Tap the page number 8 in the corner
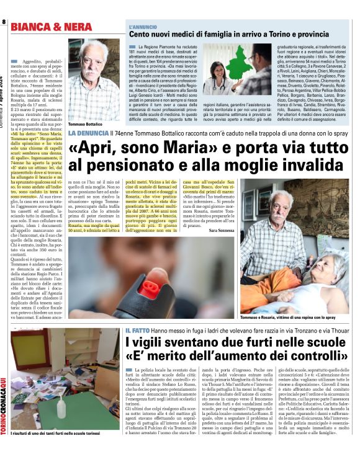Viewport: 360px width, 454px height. pyautogui.click(x=4, y=22)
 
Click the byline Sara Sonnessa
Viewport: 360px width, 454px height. pyautogui.click(x=222, y=229)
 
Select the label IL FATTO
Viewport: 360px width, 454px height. pyautogui.click(x=138, y=330)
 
